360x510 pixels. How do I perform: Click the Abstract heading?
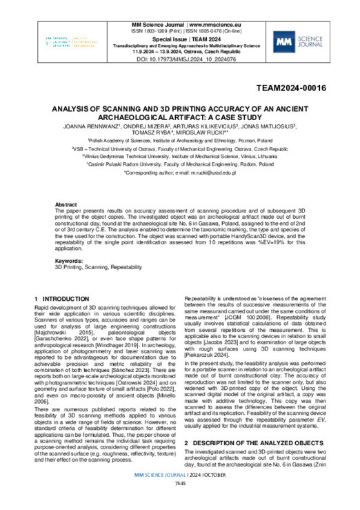tap(66, 205)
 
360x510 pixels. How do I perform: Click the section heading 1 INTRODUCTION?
tap(63, 297)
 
